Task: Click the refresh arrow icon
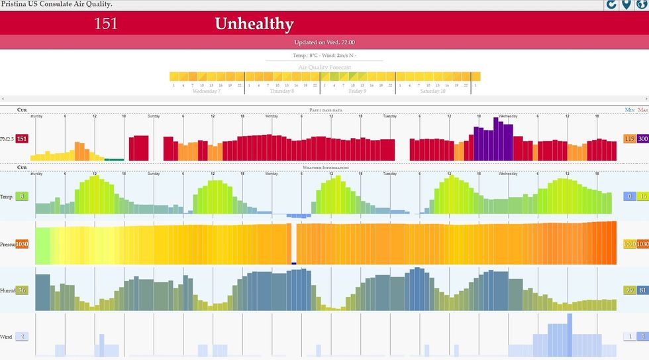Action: pos(612,5)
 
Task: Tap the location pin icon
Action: pos(626,5)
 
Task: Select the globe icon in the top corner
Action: pos(641,5)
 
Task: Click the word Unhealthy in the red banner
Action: pos(254,24)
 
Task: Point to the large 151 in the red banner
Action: pos(106,24)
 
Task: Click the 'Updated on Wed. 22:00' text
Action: pos(324,42)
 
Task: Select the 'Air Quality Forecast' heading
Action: pos(324,67)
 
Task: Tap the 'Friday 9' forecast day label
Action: pos(357,91)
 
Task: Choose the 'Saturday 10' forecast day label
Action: pos(432,91)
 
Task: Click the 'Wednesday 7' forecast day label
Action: pos(206,91)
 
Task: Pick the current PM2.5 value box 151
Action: pos(22,139)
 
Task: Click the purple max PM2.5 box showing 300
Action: pos(642,139)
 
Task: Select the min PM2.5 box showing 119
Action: pos(629,139)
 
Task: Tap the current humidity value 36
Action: pos(22,290)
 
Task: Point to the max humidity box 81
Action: pos(642,290)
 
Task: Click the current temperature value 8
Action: pos(22,196)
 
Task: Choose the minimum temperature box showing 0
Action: pos(629,196)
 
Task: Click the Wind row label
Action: pos(6,337)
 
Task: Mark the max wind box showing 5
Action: pos(642,337)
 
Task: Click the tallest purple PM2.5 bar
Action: pos(495,139)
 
